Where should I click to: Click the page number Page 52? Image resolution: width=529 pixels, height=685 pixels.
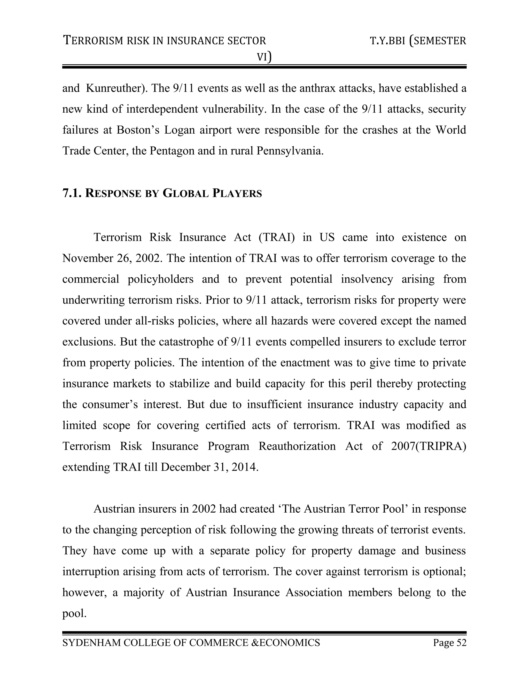tap(450, 643)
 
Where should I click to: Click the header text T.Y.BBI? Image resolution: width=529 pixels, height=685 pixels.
tap(388, 41)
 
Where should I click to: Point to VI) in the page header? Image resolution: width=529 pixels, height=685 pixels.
tap(264, 57)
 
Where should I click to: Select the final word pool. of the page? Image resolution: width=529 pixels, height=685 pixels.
tap(74, 613)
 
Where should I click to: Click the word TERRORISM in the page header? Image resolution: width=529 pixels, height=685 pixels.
tap(94, 41)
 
